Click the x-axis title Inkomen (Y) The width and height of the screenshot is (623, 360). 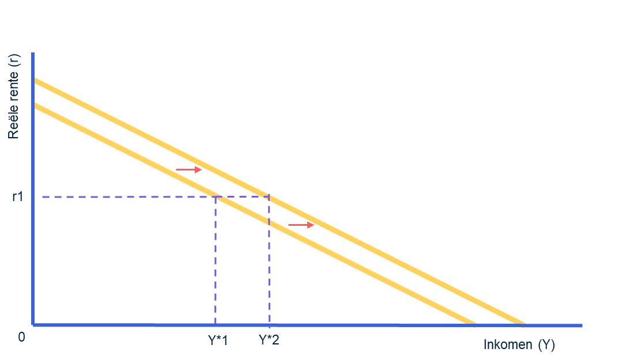click(x=519, y=345)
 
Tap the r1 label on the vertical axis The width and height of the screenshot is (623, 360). click(x=18, y=197)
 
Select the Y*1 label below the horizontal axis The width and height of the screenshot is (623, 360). click(x=218, y=340)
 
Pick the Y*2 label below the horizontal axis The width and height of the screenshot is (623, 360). click(x=269, y=340)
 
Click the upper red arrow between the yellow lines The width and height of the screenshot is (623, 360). click(x=189, y=169)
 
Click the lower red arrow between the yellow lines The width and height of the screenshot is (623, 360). click(x=301, y=225)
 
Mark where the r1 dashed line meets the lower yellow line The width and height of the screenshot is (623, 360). click(x=216, y=197)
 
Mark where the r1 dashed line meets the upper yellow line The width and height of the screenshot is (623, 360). click(x=269, y=197)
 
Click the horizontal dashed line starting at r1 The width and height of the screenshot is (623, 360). click(x=127, y=197)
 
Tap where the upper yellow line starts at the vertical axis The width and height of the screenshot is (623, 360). click(x=35, y=80)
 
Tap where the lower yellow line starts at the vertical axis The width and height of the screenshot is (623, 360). click(x=35, y=105)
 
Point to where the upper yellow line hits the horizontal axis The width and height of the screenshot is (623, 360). click(x=523, y=324)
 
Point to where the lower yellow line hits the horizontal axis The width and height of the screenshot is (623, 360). click(x=474, y=324)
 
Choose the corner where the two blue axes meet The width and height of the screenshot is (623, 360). click(x=33, y=325)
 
